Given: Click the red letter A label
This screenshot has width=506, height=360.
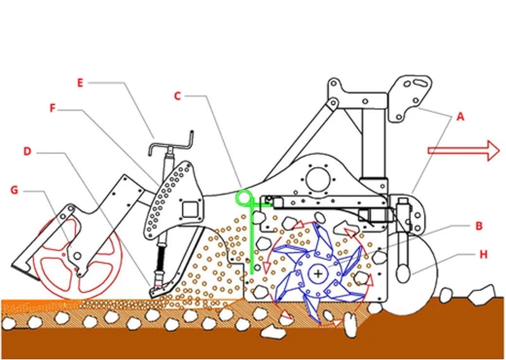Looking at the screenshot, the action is pyautogui.click(x=460, y=117).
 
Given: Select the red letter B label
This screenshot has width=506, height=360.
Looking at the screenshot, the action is pyautogui.click(x=479, y=226).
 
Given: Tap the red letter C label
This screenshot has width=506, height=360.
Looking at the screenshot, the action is pyautogui.click(x=177, y=96).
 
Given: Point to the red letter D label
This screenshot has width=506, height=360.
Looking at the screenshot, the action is pyautogui.click(x=27, y=151).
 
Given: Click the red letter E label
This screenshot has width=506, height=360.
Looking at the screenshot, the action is pyautogui.click(x=80, y=83).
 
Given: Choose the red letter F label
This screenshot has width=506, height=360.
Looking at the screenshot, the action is pyautogui.click(x=53, y=108).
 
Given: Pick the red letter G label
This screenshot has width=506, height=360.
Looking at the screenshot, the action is pyautogui.click(x=14, y=190).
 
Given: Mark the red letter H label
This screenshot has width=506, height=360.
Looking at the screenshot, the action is pyautogui.click(x=484, y=255).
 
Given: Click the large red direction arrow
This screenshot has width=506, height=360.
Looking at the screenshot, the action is pyautogui.click(x=464, y=151).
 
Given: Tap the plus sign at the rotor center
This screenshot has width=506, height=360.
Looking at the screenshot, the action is pyautogui.click(x=318, y=274).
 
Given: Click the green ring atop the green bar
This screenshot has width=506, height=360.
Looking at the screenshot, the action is pyautogui.click(x=243, y=198).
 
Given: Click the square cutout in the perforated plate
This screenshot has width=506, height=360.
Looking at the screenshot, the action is pyautogui.click(x=190, y=209).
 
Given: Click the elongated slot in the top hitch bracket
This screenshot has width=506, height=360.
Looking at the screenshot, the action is pyautogui.click(x=420, y=83).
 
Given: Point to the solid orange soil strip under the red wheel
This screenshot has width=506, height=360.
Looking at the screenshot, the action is pyautogui.click(x=39, y=305).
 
